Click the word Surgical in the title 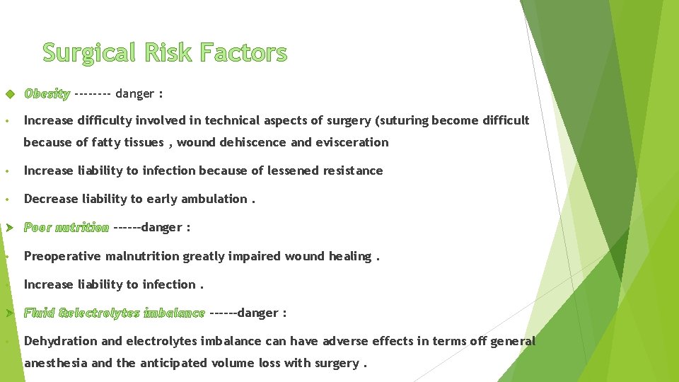(88, 53)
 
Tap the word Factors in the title (243, 53)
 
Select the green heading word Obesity (47, 93)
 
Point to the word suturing (405, 120)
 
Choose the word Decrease (50, 199)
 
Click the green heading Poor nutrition (66, 228)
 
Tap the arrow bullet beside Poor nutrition (8, 228)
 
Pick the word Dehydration (61, 341)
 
